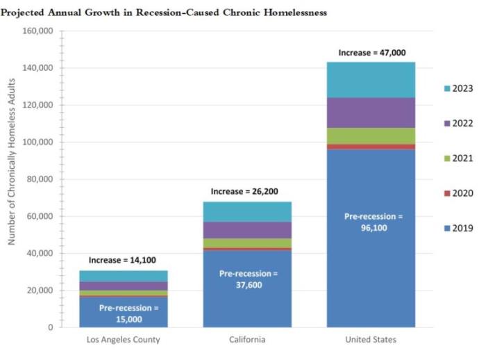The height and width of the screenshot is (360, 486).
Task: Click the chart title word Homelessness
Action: point(291,13)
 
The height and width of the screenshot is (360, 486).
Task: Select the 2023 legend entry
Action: point(458,88)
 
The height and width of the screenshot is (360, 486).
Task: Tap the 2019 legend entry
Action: point(458,228)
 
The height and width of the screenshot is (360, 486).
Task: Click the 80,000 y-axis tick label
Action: point(41,179)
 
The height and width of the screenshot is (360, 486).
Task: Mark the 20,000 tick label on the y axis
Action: point(41,290)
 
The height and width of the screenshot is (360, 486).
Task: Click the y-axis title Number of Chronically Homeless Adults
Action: point(12,179)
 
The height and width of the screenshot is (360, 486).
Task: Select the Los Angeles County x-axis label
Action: point(124,339)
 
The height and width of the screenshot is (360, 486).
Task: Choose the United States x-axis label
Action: point(371,339)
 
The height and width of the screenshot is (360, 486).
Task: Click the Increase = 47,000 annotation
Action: point(371,52)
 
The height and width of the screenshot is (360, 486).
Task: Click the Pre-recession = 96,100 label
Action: point(371,222)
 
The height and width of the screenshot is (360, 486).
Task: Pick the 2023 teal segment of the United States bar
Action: point(371,80)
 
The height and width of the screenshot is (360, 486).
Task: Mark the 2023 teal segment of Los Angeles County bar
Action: point(124,276)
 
